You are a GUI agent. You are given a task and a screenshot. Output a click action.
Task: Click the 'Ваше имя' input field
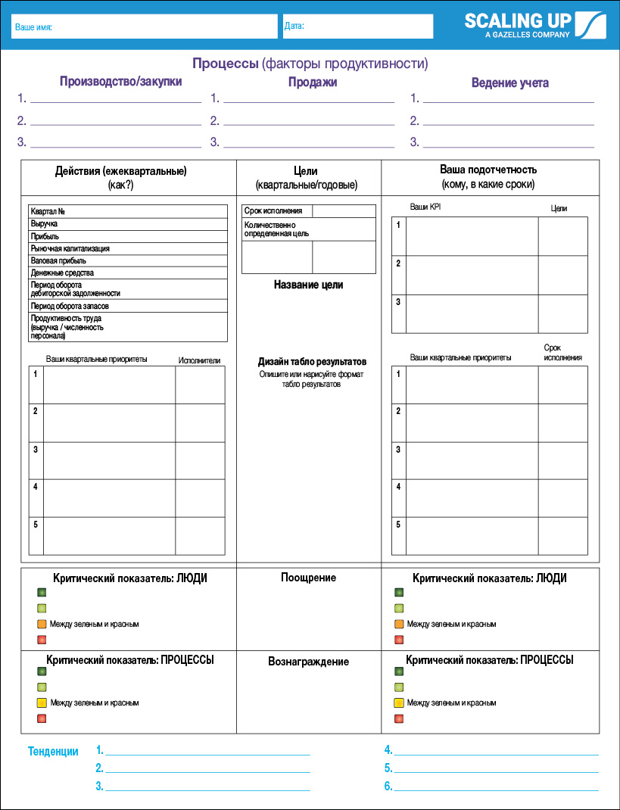point(144,26)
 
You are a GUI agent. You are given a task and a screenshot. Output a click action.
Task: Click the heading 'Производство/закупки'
point(120,82)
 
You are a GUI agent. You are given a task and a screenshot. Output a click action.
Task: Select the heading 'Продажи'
point(313,82)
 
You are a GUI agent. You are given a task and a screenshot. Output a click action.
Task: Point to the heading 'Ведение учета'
point(509,83)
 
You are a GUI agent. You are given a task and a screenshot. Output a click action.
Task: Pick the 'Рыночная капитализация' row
point(70,248)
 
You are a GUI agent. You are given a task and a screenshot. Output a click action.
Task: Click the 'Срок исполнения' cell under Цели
point(273,211)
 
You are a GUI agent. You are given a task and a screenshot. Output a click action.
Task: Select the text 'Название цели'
point(308,285)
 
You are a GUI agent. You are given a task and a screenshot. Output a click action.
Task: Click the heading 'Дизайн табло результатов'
point(312,362)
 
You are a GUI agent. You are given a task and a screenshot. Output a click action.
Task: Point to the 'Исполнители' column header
point(199,360)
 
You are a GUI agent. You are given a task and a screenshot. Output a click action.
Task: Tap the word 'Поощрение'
point(308,578)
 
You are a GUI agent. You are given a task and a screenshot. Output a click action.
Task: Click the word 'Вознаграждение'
point(308,662)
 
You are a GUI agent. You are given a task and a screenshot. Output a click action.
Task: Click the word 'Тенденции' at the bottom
point(53,752)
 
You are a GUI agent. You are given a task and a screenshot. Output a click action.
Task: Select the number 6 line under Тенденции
point(496,787)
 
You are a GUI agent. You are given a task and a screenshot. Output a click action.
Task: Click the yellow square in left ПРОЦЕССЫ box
point(42,703)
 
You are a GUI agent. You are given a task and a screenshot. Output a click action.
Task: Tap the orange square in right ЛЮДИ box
point(399,625)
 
